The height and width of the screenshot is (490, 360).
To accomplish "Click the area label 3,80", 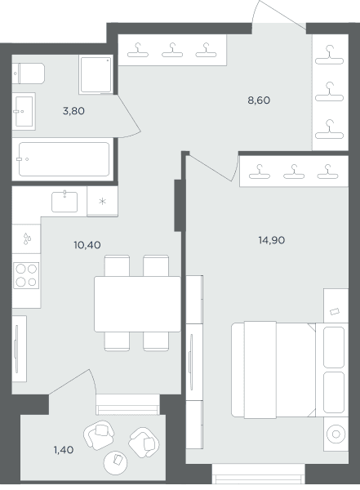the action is coord(73,111).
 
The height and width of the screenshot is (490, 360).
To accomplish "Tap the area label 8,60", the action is coord(259,100).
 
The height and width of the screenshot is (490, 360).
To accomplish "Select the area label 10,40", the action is coord(87,245).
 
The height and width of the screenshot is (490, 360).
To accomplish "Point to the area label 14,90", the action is coord(272,240).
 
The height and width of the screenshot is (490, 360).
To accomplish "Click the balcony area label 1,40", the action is coord(64,450).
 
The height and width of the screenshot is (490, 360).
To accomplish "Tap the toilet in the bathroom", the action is coord(29,73).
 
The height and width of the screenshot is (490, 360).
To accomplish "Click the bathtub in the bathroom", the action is coord(64,159).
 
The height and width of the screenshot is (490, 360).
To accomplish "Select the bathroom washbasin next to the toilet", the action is coord(24,111).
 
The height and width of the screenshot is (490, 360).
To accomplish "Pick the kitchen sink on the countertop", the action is coord(64,202).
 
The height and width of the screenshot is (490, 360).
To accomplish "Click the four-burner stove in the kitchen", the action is coord(26,275).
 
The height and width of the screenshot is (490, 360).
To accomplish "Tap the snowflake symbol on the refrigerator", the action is coord(103,202).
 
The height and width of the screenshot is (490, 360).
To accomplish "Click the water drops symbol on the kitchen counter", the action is coord(27,238).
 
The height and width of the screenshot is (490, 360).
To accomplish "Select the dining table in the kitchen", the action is coord(137,304).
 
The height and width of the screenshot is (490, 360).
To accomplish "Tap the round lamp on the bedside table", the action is coord(336,434).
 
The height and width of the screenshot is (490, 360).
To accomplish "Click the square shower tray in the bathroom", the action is coord(96,74).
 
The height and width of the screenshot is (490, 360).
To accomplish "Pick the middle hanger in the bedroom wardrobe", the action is coord(294,171).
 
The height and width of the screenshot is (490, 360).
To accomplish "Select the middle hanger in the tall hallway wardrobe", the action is coord(329,91).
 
